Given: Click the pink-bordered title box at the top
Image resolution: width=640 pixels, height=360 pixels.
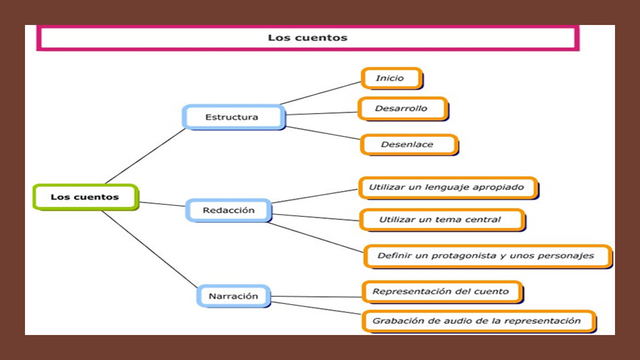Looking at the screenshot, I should click(307, 38).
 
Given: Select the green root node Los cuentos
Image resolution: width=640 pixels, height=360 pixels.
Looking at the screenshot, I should click(85, 197).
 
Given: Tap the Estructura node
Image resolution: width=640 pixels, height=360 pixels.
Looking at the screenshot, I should click(232, 117).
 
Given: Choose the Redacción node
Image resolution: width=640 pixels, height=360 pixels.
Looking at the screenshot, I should click(229, 210).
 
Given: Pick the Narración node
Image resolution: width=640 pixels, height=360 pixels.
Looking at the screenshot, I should click(234, 296).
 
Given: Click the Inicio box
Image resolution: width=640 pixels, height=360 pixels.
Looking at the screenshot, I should click(391, 78).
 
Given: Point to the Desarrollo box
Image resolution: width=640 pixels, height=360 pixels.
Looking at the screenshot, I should click(403, 107).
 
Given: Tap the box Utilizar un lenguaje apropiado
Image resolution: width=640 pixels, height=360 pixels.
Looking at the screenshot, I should click(448, 187).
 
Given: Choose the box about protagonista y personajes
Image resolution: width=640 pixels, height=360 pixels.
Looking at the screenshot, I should click(486, 255).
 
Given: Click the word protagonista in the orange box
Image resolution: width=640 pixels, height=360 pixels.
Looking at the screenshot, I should click(456, 255).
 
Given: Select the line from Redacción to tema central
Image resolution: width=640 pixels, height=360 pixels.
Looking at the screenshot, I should click(315, 215).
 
